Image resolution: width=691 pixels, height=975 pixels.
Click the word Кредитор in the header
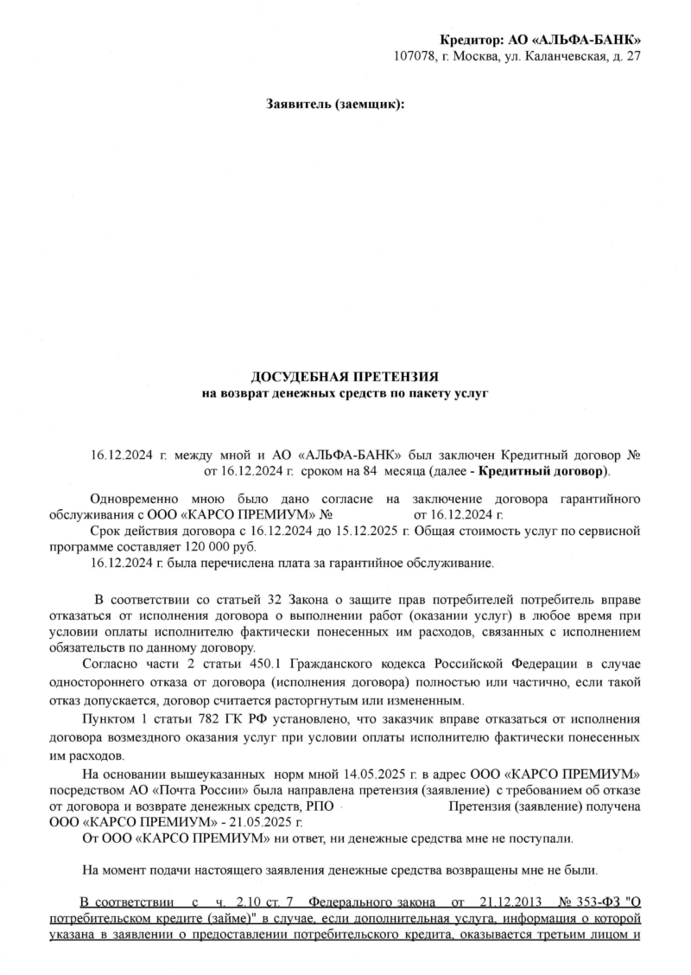click(471, 40)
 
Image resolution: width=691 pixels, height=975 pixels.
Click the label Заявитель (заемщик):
click(334, 105)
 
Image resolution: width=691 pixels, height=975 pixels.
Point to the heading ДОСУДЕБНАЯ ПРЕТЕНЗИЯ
click(345, 377)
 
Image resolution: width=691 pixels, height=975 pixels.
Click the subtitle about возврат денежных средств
click(345, 393)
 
